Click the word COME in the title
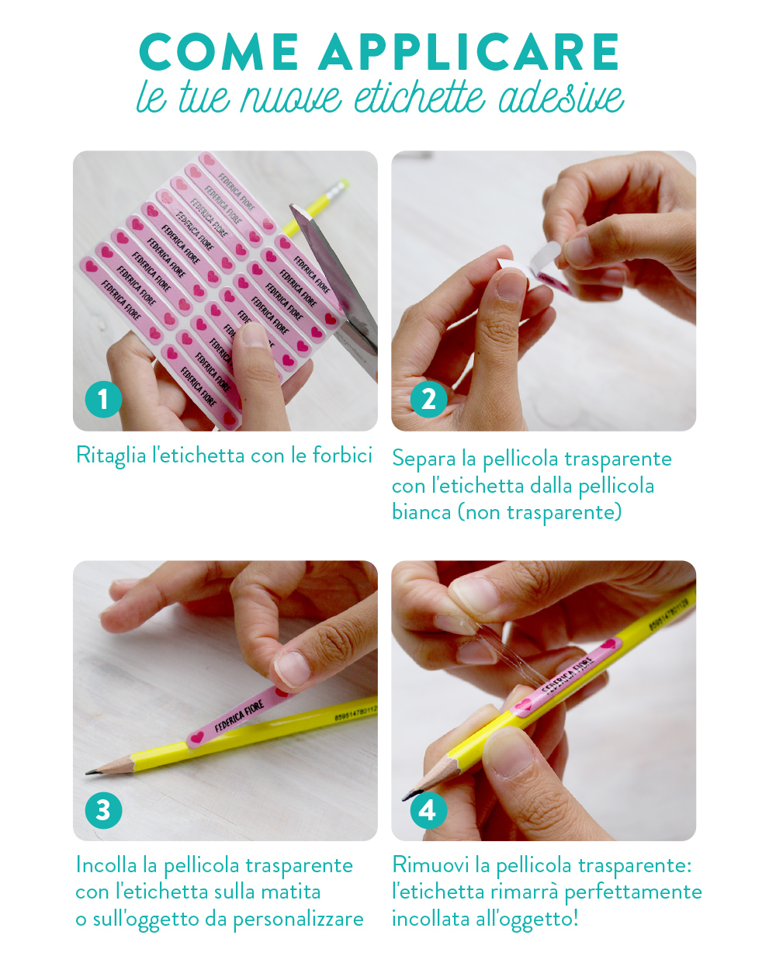(x=219, y=53)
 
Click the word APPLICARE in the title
(x=469, y=53)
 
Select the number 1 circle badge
(x=103, y=400)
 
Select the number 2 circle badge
(x=428, y=400)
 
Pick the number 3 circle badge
(x=103, y=810)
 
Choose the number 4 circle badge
(x=428, y=810)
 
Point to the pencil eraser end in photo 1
(x=337, y=189)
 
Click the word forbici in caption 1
(x=342, y=456)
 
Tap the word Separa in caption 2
(x=423, y=459)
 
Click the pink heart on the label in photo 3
(x=197, y=737)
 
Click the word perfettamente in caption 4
(x=632, y=892)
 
